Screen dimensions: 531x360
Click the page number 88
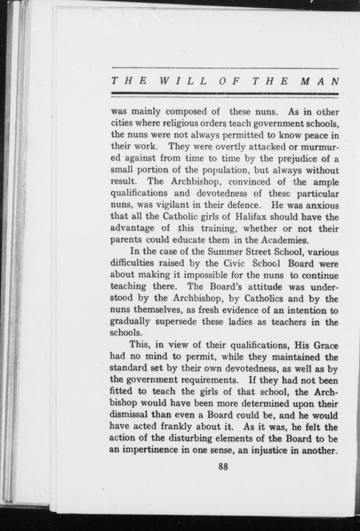pos(223,467)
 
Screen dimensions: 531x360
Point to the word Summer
pos(225,252)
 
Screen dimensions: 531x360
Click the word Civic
pos(234,263)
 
